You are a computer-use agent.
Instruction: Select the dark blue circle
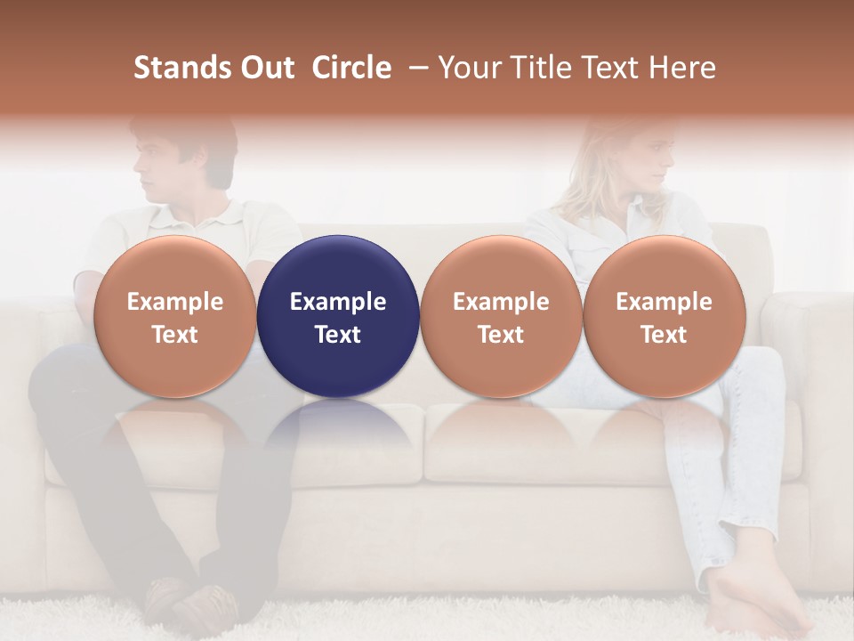tap(338, 316)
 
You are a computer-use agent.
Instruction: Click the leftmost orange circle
tap(174, 316)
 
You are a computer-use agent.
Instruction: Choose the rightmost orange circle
tap(664, 316)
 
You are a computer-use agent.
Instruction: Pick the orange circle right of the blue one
tap(501, 316)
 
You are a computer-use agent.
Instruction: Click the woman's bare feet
tap(752, 605)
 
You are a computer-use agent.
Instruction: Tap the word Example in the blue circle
tap(338, 302)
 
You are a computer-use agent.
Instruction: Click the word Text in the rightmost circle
tap(664, 335)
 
